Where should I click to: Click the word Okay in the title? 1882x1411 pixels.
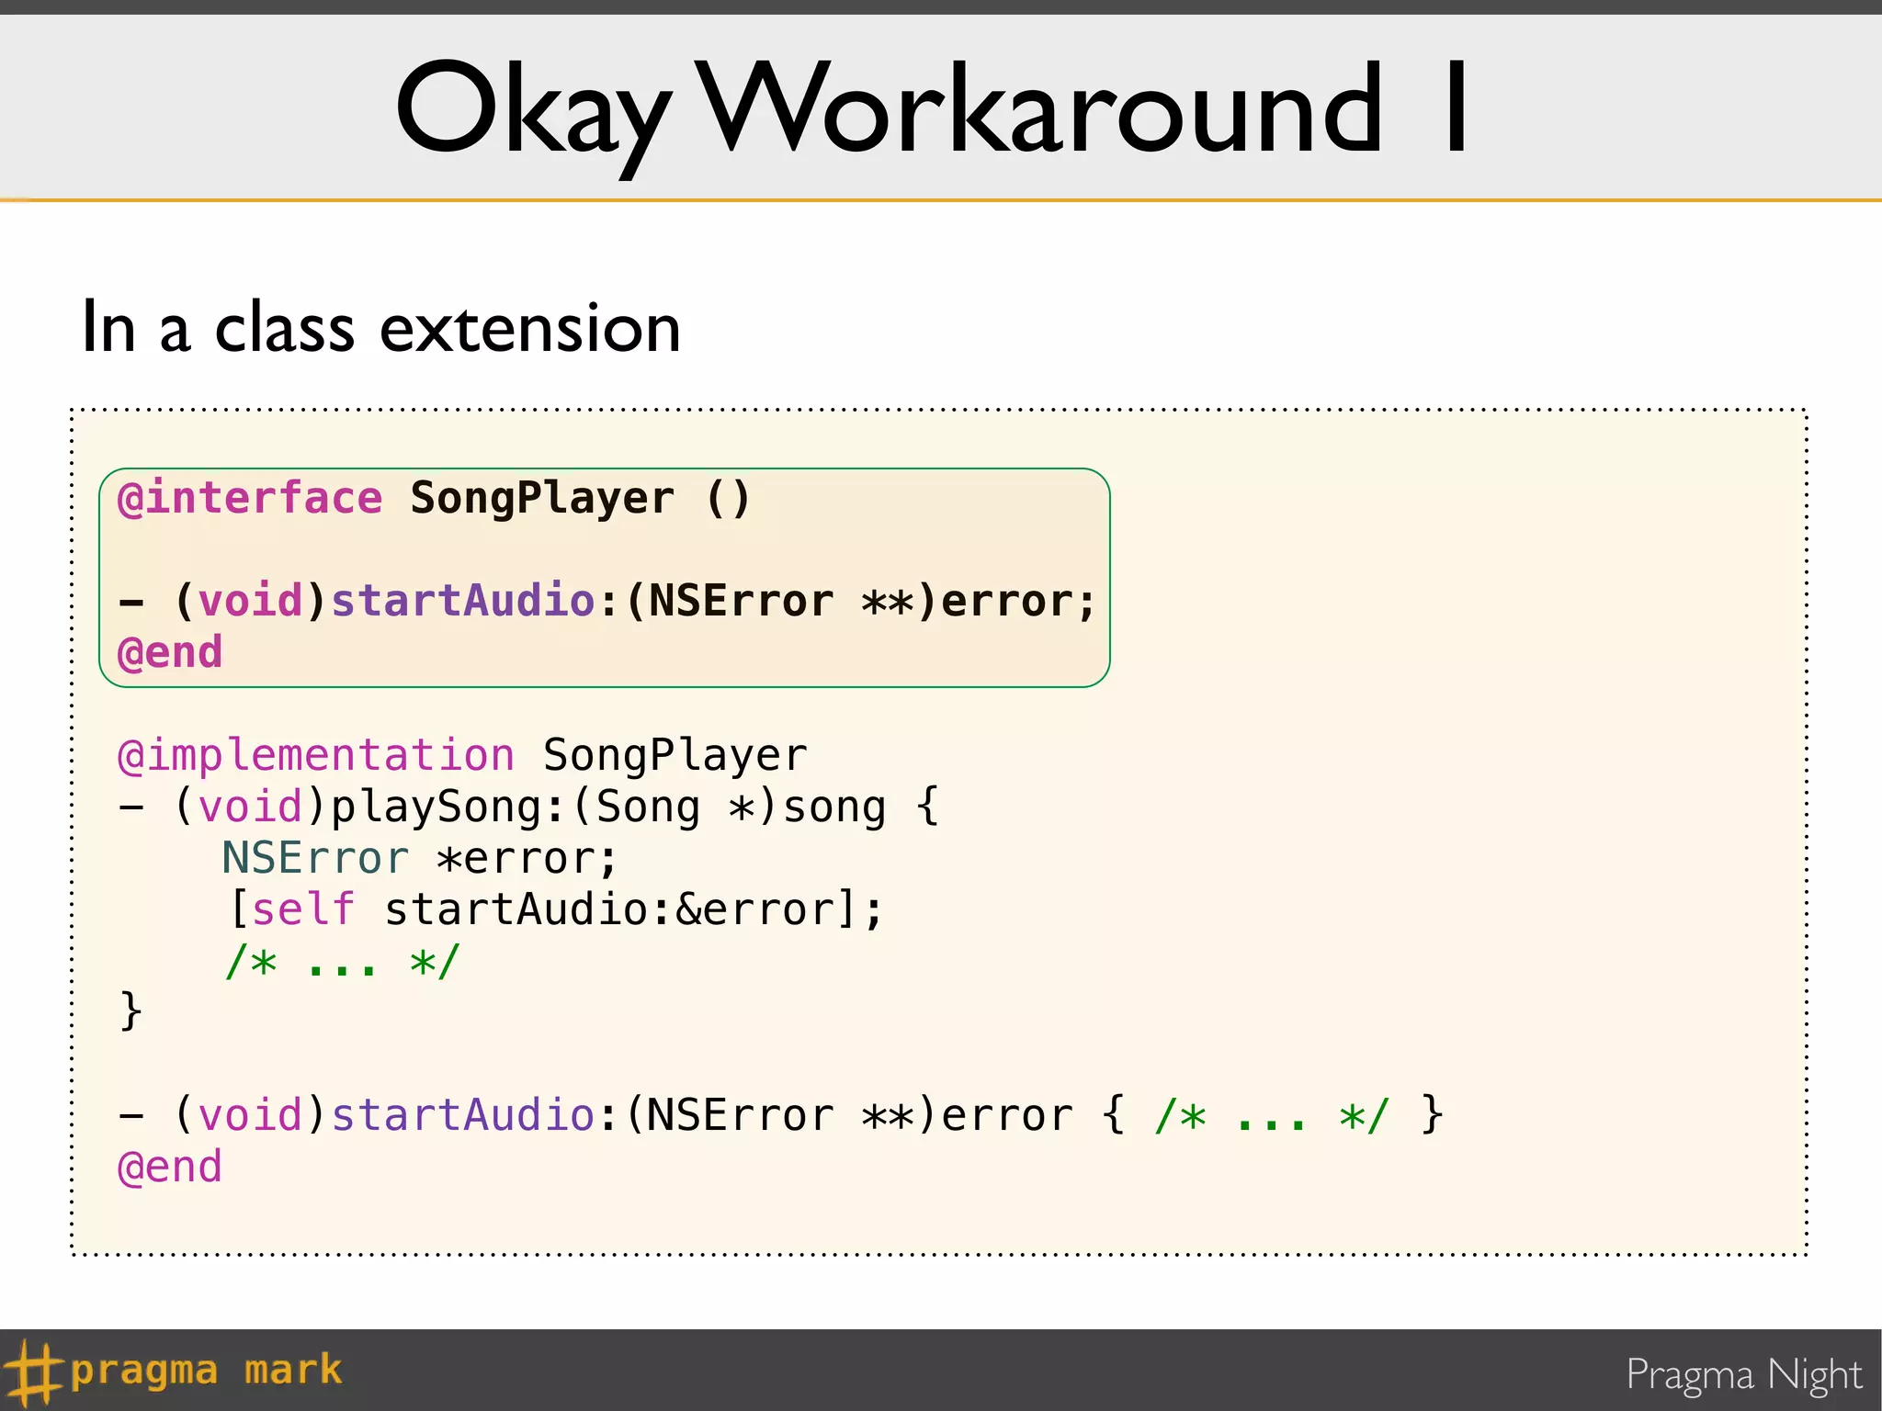pyautogui.click(x=533, y=110)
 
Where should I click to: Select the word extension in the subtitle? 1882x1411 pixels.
pyautogui.click(x=530, y=328)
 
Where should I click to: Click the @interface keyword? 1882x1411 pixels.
pyautogui.click(x=250, y=499)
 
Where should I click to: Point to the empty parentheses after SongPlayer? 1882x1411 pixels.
pyautogui.click(x=729, y=499)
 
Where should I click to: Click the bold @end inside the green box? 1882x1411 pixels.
pyautogui.click(x=170, y=653)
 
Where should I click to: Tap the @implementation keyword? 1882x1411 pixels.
pyautogui.click(x=315, y=755)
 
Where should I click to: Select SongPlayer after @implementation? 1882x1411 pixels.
pyautogui.click(x=675, y=755)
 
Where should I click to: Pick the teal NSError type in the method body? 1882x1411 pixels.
pyautogui.click(x=315, y=858)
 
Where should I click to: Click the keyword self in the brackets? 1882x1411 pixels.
pyautogui.click(x=303, y=909)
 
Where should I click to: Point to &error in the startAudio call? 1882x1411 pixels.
pyautogui.click(x=755, y=909)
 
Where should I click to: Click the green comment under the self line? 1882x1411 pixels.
pyautogui.click(x=342, y=963)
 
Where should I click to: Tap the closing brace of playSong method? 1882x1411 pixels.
pyautogui.click(x=130, y=1010)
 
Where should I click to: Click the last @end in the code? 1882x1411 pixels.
pyautogui.click(x=170, y=1168)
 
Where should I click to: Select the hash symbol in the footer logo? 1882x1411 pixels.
pyautogui.click(x=31, y=1371)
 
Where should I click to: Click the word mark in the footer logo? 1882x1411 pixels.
pyautogui.click(x=293, y=1371)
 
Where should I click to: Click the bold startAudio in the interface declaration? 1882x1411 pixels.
pyautogui.click(x=463, y=602)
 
